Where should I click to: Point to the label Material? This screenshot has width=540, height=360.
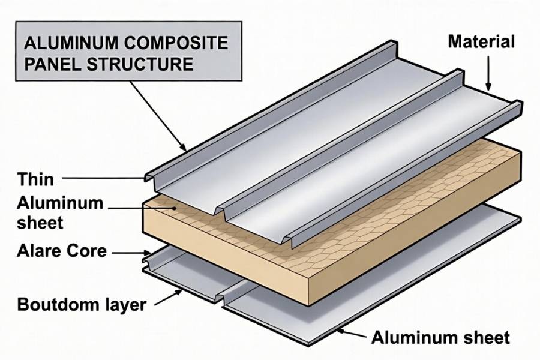coord(481,42)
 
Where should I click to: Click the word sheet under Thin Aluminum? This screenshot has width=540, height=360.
coord(40,223)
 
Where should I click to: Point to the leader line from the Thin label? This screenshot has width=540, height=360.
coord(102,178)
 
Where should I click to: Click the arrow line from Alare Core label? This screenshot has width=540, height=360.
coord(129,253)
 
